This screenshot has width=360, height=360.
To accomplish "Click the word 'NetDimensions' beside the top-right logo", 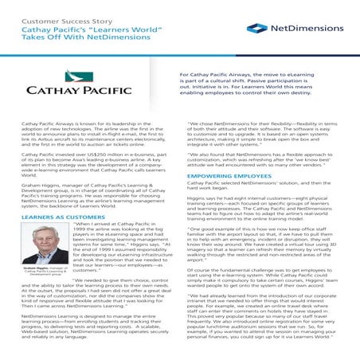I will [x=307, y=29].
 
